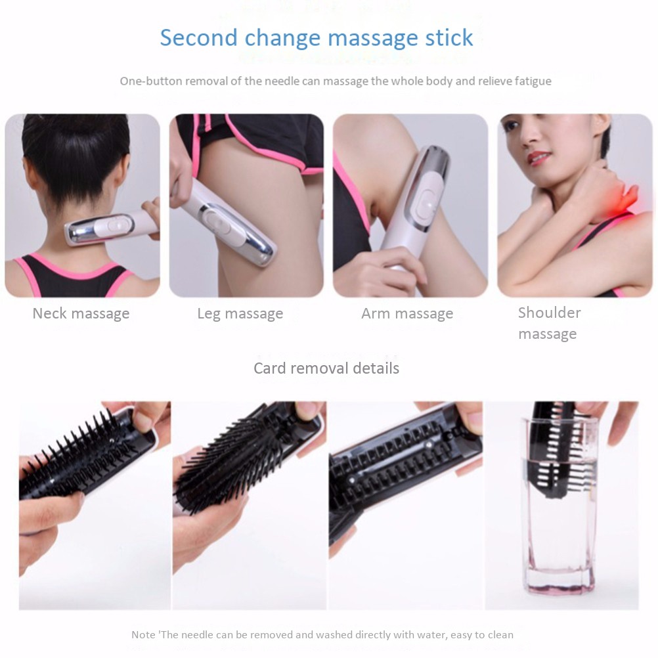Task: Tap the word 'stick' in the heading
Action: point(449,38)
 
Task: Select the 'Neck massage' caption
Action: point(81,313)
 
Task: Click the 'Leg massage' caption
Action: point(240,313)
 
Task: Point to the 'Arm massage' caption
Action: point(407,313)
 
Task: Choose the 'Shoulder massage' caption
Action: point(549,323)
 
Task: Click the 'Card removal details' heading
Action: point(326,368)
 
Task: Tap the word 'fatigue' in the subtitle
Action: point(533,81)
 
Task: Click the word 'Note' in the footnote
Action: point(143,634)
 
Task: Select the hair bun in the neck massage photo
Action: point(76,139)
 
